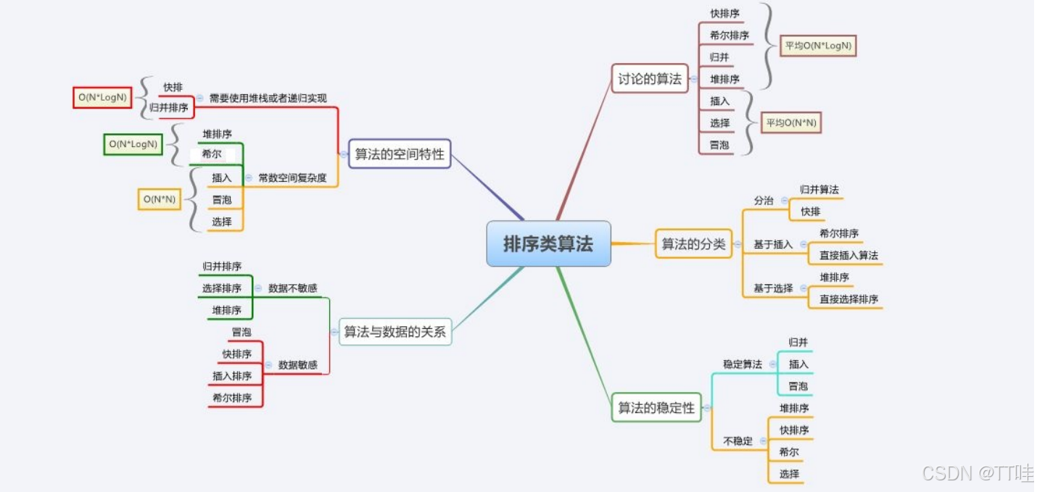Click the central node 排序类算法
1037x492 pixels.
click(548, 243)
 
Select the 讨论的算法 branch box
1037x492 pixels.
click(650, 79)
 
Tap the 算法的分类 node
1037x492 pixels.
click(693, 244)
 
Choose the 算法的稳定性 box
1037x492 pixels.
click(656, 408)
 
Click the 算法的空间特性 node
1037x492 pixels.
click(399, 154)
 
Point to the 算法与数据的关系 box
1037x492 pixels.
click(394, 332)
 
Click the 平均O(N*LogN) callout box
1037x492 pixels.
click(819, 46)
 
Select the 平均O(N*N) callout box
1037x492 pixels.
click(791, 123)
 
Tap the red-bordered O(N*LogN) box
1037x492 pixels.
click(102, 97)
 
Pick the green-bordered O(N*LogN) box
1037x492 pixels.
click(133, 143)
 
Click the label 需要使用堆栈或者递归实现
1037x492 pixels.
click(268, 97)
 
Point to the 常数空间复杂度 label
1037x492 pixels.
click(292, 177)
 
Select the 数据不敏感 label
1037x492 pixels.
click(292, 288)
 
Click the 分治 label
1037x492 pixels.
click(764, 200)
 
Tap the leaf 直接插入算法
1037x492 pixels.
click(848, 255)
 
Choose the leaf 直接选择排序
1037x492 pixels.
click(848, 299)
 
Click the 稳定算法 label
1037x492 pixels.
click(742, 364)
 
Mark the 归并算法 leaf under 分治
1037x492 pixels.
click(819, 189)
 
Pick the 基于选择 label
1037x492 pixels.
click(773, 288)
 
